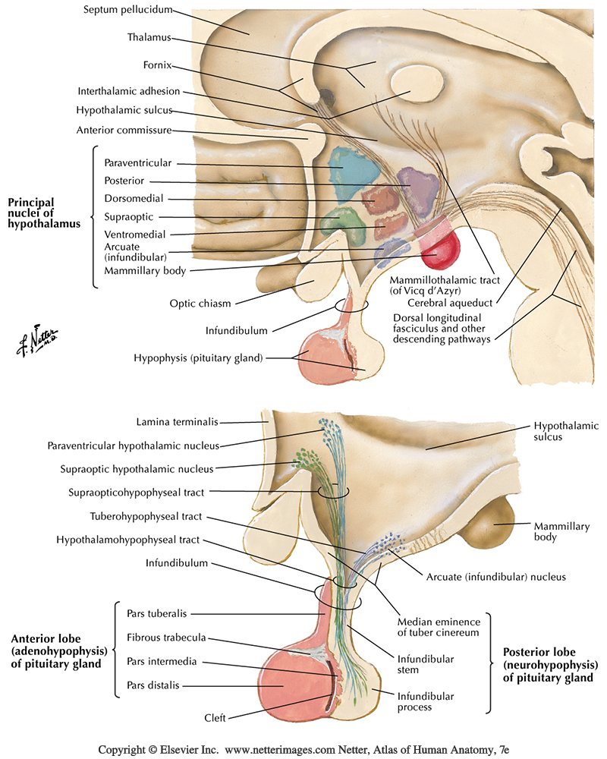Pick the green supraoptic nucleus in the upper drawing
pos(339,221)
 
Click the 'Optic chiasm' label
pos(200,304)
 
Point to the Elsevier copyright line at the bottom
pos(303,749)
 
